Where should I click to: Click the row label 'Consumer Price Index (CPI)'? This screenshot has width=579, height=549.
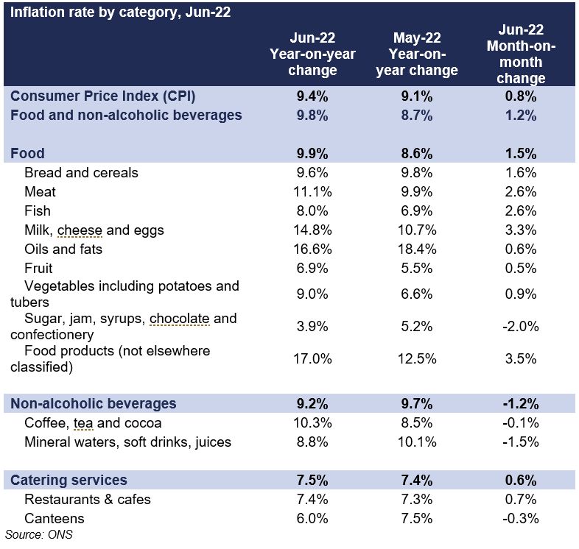coord(102,96)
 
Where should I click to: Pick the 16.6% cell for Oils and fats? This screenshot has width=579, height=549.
coord(312,249)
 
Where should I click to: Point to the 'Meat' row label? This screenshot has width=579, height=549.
coord(40,192)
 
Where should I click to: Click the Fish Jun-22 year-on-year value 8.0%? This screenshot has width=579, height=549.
coord(312,211)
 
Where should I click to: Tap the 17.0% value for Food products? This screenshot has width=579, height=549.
coord(312,359)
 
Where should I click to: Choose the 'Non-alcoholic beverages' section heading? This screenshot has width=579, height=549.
coord(93,403)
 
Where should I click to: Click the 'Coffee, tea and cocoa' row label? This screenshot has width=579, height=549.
coord(93,423)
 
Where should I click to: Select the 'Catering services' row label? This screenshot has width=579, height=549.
coord(69,481)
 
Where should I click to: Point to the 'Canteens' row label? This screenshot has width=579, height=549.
coord(55,519)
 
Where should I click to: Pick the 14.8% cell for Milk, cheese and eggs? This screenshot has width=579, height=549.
coord(312,230)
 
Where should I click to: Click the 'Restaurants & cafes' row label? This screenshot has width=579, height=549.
coord(88,500)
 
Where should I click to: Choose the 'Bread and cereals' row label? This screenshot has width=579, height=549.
coord(81,173)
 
